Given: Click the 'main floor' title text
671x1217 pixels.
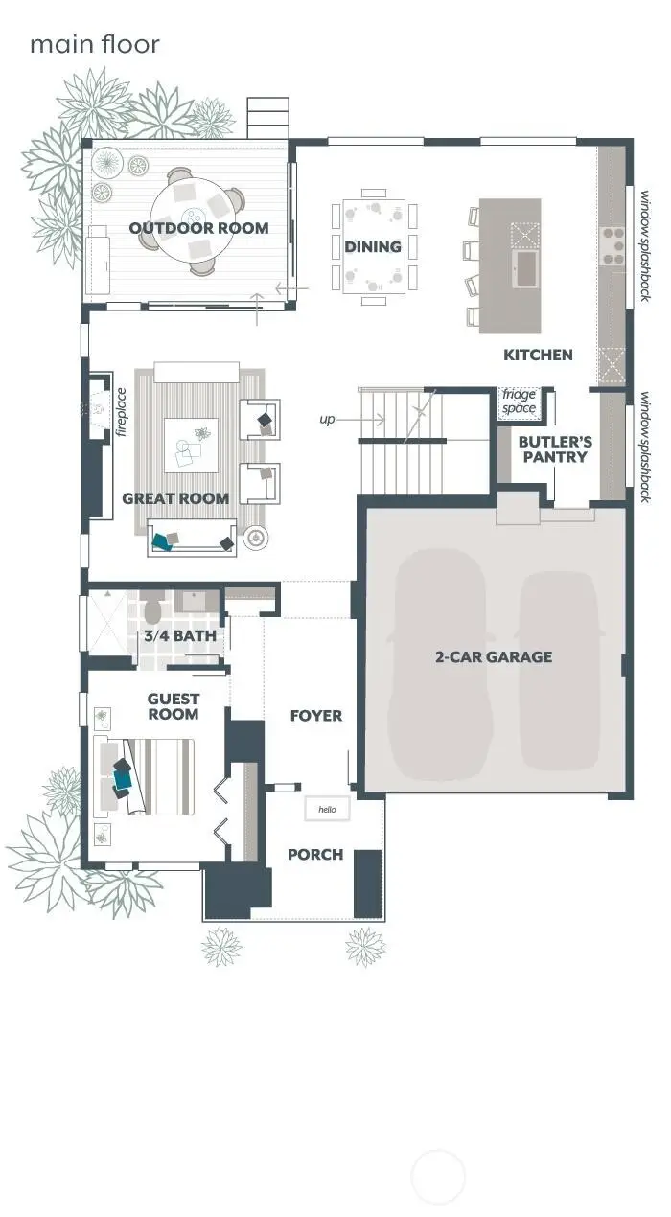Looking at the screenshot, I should (x=94, y=44).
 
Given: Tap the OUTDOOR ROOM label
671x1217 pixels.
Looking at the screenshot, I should (x=198, y=228).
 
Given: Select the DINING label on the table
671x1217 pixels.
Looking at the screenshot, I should (x=373, y=247).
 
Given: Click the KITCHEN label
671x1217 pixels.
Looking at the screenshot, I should (x=538, y=355).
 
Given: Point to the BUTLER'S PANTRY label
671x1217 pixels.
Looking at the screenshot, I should (x=555, y=449).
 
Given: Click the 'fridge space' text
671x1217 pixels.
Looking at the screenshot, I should (x=520, y=402).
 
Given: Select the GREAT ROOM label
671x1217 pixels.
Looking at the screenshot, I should (x=175, y=498).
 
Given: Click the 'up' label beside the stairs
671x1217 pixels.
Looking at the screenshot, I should (x=328, y=420).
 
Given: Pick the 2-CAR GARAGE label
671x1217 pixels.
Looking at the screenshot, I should (x=494, y=657).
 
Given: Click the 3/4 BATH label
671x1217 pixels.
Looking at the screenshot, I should (x=180, y=635).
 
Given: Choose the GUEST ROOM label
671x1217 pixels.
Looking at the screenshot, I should (x=174, y=707).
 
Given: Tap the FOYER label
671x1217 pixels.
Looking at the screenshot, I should (x=315, y=716).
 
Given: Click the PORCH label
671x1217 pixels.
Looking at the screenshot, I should (x=315, y=854).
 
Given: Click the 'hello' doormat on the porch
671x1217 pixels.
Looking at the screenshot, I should (x=327, y=810).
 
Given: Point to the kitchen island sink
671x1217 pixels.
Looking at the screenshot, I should (x=524, y=265).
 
